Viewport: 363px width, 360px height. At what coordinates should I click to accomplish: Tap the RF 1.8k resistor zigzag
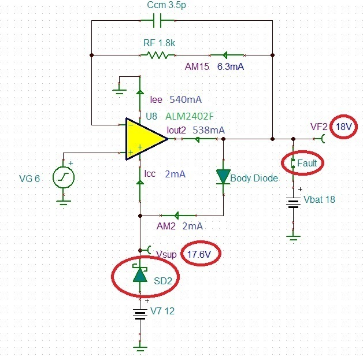(157, 55)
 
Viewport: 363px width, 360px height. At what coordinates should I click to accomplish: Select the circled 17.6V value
(201, 254)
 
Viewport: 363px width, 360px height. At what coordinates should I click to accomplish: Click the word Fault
(308, 164)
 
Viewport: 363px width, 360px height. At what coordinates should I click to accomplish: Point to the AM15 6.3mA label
(214, 67)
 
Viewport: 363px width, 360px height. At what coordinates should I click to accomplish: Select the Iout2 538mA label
(195, 130)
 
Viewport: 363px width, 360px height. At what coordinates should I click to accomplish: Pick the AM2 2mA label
(181, 226)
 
